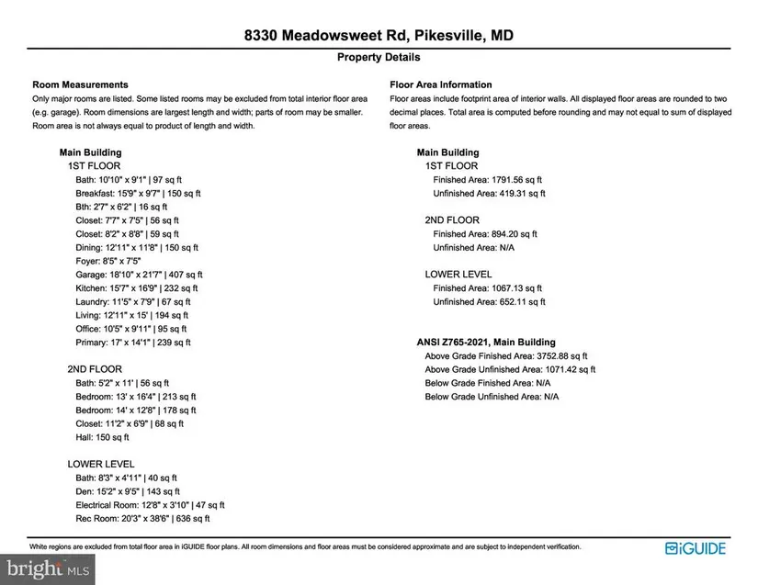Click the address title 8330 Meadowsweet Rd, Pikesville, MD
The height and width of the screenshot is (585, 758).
click(x=379, y=36)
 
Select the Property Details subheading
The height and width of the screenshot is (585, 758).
click(x=379, y=57)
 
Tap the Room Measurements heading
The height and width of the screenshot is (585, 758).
click(x=80, y=84)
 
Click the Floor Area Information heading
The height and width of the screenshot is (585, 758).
click(x=440, y=84)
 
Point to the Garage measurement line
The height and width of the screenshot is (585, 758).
click(x=139, y=275)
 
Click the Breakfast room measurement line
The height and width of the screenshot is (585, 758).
click(x=138, y=194)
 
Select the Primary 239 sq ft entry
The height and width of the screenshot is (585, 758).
click(x=133, y=343)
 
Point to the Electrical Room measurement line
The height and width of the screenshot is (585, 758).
click(x=150, y=505)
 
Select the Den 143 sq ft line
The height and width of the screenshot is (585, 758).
click(x=127, y=491)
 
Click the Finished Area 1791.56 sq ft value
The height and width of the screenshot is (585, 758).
click(x=489, y=180)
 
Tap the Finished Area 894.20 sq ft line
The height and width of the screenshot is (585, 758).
click(x=486, y=234)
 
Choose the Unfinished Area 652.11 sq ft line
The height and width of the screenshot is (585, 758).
click(x=489, y=301)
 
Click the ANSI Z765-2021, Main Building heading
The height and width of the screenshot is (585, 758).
click(x=486, y=343)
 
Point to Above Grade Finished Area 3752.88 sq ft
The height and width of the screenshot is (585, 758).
click(x=505, y=355)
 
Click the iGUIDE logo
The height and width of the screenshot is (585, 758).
click(x=696, y=549)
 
